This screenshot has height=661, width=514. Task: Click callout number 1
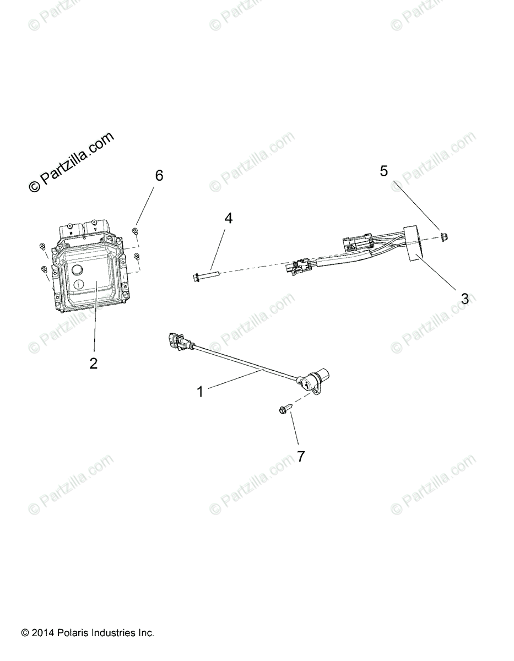[201, 392]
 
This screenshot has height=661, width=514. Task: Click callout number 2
[94, 363]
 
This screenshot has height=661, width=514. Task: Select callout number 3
[464, 299]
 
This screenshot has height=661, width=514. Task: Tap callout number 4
[228, 218]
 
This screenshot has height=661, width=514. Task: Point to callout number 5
[384, 170]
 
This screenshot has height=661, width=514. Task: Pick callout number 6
[159, 176]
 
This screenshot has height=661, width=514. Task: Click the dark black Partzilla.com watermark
[71, 162]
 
